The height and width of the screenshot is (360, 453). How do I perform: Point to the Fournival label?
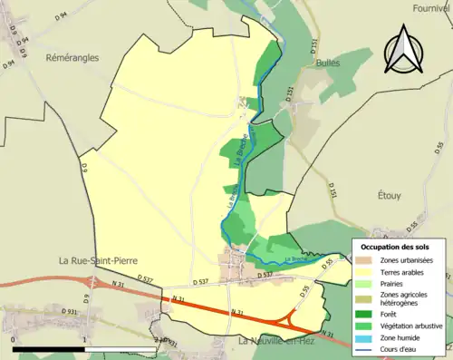(431, 7)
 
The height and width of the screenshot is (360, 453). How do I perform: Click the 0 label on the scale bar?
(14, 341)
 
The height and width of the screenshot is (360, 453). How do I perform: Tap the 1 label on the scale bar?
(83, 341)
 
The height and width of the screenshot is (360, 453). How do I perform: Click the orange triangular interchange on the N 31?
(291, 318)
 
